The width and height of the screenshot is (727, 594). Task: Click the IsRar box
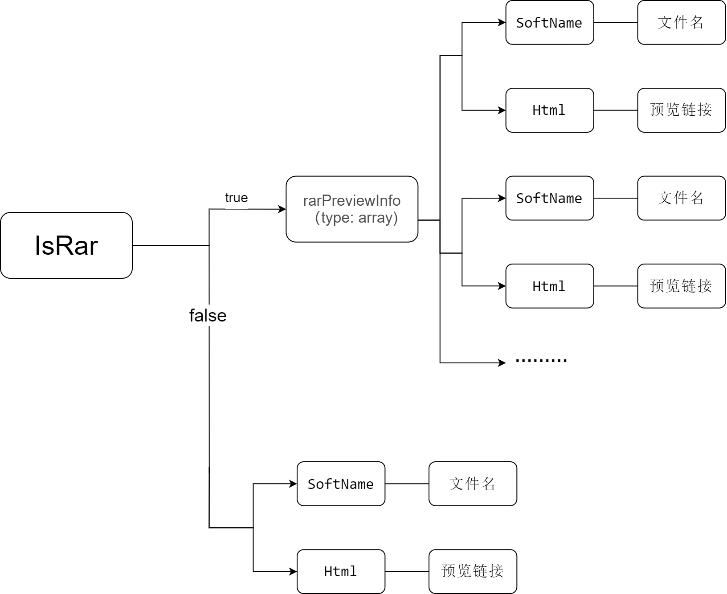tap(66, 245)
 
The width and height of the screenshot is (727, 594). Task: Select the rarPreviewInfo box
tap(352, 209)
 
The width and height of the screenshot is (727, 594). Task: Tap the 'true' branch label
tap(236, 198)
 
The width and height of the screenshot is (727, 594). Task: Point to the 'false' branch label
tap(208, 316)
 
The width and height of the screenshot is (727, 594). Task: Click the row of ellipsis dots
tap(541, 360)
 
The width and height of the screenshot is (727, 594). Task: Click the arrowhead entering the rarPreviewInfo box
tap(282, 209)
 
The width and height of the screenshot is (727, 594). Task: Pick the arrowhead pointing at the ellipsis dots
tap(502, 363)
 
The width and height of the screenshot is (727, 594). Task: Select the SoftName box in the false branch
tap(341, 484)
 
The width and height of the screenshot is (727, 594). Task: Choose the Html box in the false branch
tap(341, 571)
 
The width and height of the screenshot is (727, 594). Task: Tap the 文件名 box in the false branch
tap(473, 484)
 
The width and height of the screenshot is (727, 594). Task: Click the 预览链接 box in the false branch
tap(473, 571)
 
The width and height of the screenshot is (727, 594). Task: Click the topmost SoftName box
tap(550, 23)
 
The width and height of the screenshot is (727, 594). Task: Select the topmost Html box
tap(550, 110)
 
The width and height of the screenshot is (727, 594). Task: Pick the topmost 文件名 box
tap(682, 23)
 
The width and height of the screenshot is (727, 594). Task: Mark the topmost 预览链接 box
tap(682, 110)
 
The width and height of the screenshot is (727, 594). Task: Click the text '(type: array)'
tap(356, 218)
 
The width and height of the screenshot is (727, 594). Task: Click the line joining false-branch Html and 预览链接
tap(407, 571)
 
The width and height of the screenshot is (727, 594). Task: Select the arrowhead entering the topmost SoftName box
tap(502, 22)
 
